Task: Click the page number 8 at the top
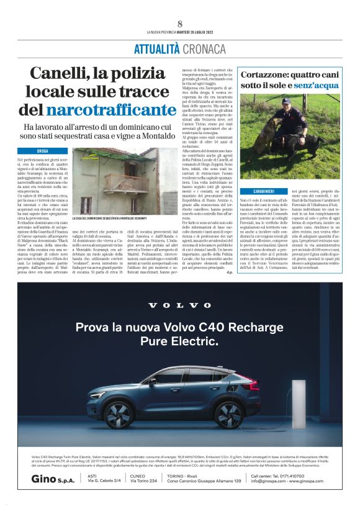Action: pyautogui.click(x=180, y=24)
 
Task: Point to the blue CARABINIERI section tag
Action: pyautogui.click(x=269, y=191)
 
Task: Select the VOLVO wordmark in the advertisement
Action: pyautogui.click(x=179, y=305)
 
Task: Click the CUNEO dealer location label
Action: pyautogui.click(x=138, y=476)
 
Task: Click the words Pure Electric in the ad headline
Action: pyautogui.click(x=179, y=341)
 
